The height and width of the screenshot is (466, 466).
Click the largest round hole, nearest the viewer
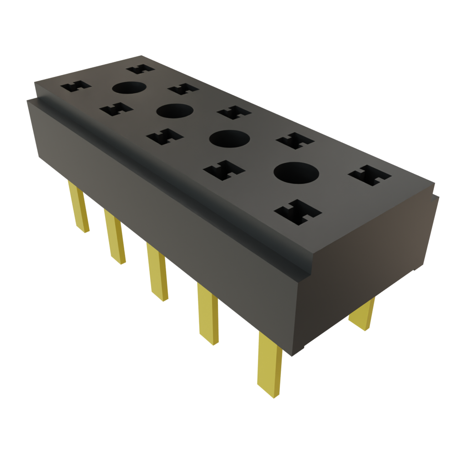296,173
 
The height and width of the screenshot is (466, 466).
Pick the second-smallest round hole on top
175,111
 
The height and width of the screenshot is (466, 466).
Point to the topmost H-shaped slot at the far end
140,69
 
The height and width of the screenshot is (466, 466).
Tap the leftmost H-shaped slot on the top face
76,86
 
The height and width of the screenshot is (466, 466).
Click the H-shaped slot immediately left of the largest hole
224,170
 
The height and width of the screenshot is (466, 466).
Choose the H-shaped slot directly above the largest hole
295,141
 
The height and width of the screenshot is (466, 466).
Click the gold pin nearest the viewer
269,364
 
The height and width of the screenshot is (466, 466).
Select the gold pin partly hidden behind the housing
363,314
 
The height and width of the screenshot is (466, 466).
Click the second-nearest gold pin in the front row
208,314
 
